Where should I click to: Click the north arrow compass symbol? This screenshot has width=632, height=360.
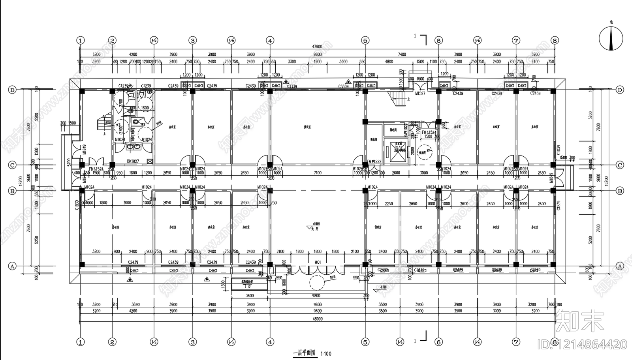[611, 39]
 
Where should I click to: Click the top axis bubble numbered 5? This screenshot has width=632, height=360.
[365, 40]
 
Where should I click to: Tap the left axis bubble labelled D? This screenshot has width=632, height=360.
[12, 90]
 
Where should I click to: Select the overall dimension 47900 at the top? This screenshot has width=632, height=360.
[317, 47]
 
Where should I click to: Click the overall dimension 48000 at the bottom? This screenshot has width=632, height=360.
[317, 319]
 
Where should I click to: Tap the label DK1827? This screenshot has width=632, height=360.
[133, 161]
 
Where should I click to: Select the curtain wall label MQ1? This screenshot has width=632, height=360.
[318, 262]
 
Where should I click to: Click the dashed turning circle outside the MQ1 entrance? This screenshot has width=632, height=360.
[318, 283]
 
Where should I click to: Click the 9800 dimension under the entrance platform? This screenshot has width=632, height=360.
[316, 296]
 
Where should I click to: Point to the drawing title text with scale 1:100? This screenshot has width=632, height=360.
[312, 353]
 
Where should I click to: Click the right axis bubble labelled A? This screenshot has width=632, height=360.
[619, 266]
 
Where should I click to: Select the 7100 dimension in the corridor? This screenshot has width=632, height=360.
[317, 172]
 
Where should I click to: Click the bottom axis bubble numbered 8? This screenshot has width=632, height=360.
[555, 342]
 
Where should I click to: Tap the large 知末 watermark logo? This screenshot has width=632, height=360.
[580, 321]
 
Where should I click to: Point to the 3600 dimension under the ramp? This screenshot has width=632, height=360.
[250, 296]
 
